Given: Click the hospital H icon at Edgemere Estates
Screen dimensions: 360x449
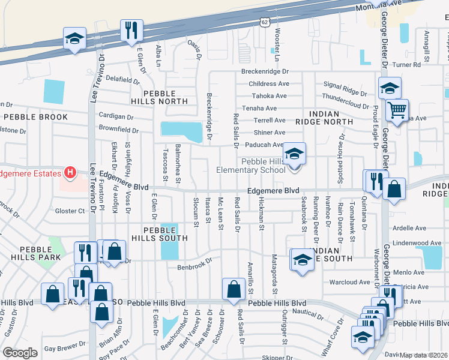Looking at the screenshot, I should pyautogui.click(x=70, y=173).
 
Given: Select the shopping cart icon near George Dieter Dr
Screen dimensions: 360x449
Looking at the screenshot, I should pyautogui.click(x=397, y=110).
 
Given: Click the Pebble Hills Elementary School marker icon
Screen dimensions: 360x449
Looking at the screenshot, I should pyautogui.click(x=294, y=154).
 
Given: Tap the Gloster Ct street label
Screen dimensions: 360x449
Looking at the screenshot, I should pyautogui.click(x=69, y=211).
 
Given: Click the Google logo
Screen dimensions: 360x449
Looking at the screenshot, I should pyautogui.click(x=20, y=353).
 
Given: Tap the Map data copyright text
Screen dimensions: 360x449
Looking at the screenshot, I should pyautogui.click(x=424, y=355).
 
